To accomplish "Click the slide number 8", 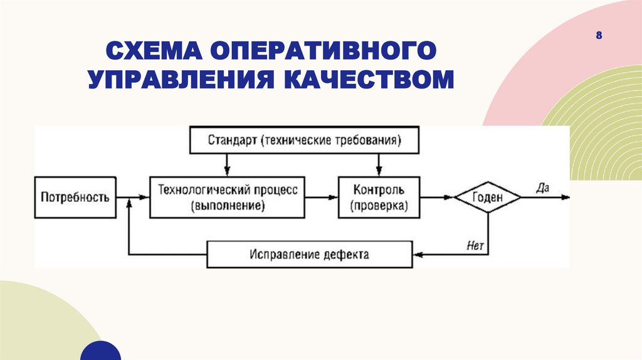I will [x=599, y=36].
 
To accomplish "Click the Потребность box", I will [x=75, y=197].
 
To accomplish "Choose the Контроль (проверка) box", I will [x=379, y=197].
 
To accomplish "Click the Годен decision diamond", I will [x=488, y=197].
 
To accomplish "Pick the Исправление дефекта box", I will [x=310, y=255].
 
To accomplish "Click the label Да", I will [x=542, y=187].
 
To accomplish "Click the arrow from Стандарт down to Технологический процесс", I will [x=228, y=165].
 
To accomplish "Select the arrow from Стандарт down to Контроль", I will [x=378, y=165].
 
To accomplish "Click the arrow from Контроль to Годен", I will [x=437, y=197].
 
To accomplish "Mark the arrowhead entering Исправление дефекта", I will [x=417, y=255].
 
